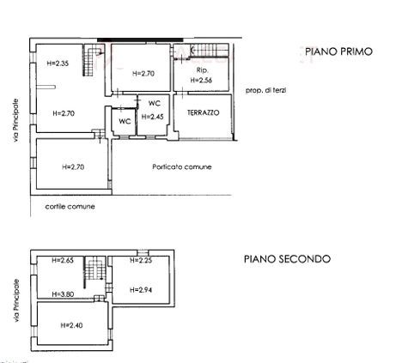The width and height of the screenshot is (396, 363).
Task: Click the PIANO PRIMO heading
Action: click(x=338, y=51)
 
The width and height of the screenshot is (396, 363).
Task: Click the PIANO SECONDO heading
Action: click(x=287, y=259)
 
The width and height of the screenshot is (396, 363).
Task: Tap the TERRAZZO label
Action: click(x=203, y=112)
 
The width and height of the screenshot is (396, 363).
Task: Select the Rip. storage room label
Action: click(x=202, y=70)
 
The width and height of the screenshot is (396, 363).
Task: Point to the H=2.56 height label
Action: click(x=201, y=80)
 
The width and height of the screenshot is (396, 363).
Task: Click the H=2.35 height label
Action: click(x=58, y=64)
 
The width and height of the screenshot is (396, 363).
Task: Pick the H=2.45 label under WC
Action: click(x=153, y=117)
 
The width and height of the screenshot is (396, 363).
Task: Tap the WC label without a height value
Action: click(x=125, y=121)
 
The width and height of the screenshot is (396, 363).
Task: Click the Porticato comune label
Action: click(x=182, y=166)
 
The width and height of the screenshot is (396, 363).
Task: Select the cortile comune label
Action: click(x=70, y=207)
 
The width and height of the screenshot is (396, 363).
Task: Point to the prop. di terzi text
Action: click(x=265, y=90)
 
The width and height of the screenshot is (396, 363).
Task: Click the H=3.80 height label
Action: click(x=63, y=294)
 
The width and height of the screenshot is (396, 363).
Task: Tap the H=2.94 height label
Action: click(x=141, y=290)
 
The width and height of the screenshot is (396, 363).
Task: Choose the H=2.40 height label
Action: click(x=71, y=325)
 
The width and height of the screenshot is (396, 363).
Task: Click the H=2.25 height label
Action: click(x=141, y=260)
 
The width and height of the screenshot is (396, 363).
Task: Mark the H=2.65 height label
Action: click(x=63, y=260)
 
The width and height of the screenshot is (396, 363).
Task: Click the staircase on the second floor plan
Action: click(x=94, y=269)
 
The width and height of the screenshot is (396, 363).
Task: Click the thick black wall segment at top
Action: click(x=140, y=39)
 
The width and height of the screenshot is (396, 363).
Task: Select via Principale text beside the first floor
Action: click(x=15, y=120)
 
